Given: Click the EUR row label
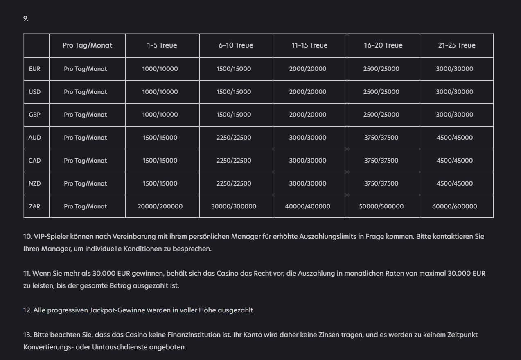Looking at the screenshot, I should (35, 69).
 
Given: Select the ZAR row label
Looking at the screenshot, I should (35, 206).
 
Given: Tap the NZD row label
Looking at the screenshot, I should (35, 183).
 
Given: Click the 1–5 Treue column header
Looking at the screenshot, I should (162, 45).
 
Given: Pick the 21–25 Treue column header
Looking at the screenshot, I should (457, 45).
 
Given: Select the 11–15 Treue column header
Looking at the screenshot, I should (309, 45).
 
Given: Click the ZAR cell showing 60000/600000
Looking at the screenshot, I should (454, 206).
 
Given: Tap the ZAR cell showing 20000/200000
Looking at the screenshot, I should (160, 206).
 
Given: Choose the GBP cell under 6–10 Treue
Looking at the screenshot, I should (234, 115).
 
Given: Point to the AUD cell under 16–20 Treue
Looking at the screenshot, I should (381, 138).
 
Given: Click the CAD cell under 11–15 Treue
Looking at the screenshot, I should (308, 161).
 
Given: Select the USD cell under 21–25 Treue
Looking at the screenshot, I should (454, 92).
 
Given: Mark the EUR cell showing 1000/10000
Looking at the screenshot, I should (160, 69).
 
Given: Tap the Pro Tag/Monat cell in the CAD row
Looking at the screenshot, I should (85, 161).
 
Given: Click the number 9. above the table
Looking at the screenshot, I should (26, 18).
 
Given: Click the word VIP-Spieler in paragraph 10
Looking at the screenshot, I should (51, 236).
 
